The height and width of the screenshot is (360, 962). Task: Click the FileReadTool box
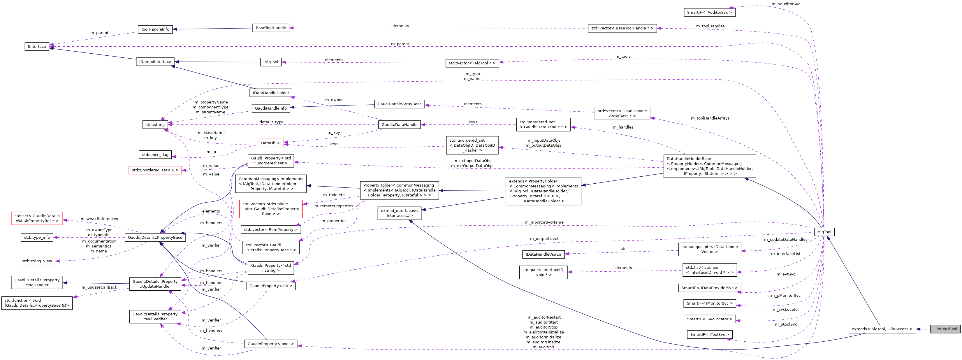tap(945, 329)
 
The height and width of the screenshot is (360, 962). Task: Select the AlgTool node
tap(824, 232)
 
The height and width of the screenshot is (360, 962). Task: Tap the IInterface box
tap(37, 47)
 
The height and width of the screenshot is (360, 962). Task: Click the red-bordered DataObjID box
tap(270, 143)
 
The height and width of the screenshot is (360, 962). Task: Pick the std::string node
tap(155, 125)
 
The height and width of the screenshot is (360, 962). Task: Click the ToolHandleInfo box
tap(155, 29)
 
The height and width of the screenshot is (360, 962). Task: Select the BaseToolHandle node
tap(271, 28)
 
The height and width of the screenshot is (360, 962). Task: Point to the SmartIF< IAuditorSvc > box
tap(709, 12)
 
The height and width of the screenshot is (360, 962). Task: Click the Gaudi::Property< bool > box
tap(270, 344)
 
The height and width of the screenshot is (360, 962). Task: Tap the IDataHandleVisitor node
tap(544, 254)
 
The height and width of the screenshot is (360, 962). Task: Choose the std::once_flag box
tap(155, 154)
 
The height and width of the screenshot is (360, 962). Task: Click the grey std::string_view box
tap(37, 261)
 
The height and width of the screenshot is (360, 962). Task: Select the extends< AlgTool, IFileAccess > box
tap(882, 329)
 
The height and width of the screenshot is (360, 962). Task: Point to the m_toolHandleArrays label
tap(710, 118)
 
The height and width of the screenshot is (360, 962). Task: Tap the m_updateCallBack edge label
tap(99, 287)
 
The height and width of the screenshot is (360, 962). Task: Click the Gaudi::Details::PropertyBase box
tap(155, 238)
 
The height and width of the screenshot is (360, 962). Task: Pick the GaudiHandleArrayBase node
tap(399, 104)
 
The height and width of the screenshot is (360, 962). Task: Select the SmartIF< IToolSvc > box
tap(709, 335)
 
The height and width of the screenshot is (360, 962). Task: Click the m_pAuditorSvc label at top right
tap(786, 4)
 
